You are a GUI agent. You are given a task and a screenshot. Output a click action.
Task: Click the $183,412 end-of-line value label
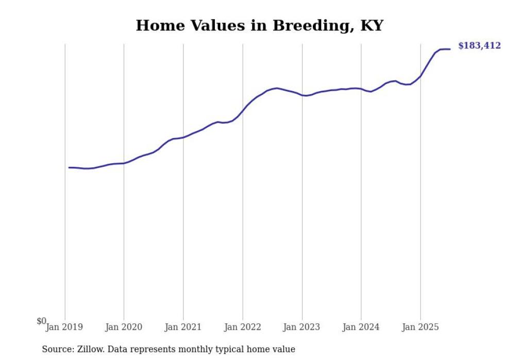tap(479, 46)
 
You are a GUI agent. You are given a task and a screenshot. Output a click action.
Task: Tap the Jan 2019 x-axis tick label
tap(64, 327)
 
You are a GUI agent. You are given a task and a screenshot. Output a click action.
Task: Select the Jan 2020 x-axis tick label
tap(124, 327)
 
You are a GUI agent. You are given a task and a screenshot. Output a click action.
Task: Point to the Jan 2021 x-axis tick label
tap(183, 327)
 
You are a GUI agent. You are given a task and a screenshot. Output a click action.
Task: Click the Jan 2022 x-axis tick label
tap(243, 327)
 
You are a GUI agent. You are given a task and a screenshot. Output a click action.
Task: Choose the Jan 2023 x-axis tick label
tap(302, 327)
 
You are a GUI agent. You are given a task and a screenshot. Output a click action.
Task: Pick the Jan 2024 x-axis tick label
tap(361, 327)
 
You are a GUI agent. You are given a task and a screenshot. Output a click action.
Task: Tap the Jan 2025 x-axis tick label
tap(420, 327)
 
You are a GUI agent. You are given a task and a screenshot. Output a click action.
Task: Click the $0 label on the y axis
tap(41, 321)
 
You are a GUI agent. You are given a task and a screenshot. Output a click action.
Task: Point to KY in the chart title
tap(371, 25)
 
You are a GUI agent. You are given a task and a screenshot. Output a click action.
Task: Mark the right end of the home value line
tap(450, 49)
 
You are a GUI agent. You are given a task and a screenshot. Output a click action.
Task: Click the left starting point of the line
tap(69, 167)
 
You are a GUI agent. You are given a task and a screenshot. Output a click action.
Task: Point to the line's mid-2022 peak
tap(277, 88)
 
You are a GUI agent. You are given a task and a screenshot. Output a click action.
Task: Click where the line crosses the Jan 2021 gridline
tap(183, 137)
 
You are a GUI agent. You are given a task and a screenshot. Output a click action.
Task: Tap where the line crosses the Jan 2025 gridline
tap(420, 76)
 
